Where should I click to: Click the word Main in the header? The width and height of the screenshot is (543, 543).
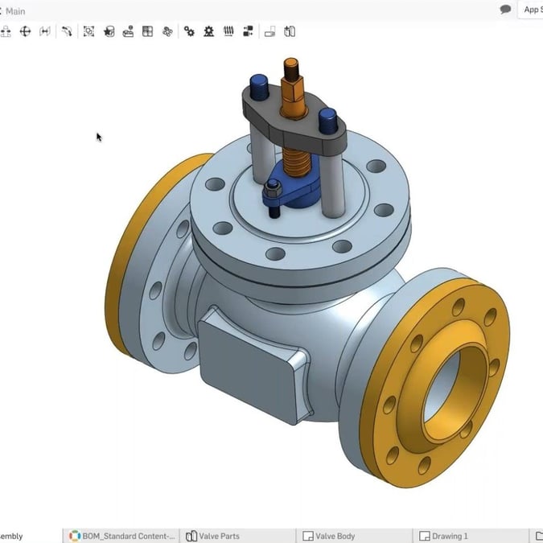pyautogui.click(x=15, y=11)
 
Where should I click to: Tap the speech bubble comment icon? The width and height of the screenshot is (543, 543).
pyautogui.click(x=505, y=10)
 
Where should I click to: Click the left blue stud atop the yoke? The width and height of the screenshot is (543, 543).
pyautogui.click(x=259, y=83)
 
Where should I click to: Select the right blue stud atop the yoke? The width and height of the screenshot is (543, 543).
pyautogui.click(x=327, y=121)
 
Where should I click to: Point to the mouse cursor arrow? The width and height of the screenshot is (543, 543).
pyautogui.click(x=98, y=137)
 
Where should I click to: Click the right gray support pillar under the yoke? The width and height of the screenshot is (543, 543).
pyautogui.click(x=331, y=181)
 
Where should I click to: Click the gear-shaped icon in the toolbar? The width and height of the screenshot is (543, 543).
pyautogui.click(x=209, y=31)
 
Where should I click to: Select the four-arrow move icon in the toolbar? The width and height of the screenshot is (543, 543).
pyautogui.click(x=25, y=31)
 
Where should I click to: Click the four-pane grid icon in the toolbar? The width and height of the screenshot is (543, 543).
pyautogui.click(x=147, y=31)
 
